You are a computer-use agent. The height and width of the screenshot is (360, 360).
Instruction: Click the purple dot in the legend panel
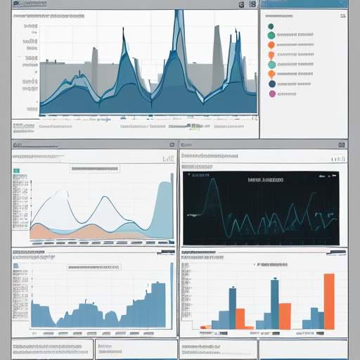pos(272,94)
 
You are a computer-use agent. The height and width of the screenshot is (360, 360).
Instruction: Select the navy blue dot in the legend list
pos(272,84)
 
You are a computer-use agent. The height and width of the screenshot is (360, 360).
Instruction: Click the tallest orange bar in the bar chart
pos(328,301)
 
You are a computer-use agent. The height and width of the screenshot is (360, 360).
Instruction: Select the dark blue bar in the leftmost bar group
pos(232,308)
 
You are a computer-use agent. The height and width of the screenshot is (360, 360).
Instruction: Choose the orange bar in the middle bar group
pos(285,316)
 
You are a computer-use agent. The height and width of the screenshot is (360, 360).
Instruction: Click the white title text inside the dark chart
pos(266,180)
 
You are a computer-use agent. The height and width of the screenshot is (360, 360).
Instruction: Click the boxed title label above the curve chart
pos(94,169)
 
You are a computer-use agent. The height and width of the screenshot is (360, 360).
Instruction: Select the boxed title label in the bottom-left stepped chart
pos(94,267)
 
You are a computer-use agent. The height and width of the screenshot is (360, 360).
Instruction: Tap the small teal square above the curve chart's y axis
pos(15,170)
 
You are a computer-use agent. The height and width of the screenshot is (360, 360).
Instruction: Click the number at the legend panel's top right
pos(342,4)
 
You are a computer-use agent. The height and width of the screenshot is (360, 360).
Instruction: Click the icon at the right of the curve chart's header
pos(171,144)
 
